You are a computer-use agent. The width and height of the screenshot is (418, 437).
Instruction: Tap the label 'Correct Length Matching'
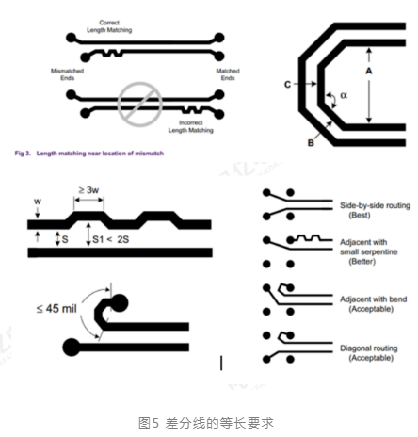point(109,26)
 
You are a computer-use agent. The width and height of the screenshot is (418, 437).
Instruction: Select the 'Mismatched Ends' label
point(67,74)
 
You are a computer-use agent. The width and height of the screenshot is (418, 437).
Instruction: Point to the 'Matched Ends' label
point(228,74)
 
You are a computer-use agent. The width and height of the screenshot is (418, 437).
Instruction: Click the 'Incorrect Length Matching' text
point(191,126)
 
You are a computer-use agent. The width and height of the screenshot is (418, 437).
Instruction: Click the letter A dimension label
point(369,71)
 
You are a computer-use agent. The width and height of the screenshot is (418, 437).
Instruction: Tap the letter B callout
point(311,143)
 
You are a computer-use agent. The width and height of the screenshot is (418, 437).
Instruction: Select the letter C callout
point(287,85)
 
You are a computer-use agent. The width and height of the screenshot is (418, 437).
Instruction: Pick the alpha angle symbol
point(344,95)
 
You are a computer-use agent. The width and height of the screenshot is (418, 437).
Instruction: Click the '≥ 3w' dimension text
point(88,190)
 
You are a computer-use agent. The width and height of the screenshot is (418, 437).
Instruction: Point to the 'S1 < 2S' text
point(111,239)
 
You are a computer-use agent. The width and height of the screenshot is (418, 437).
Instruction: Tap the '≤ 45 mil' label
point(56,309)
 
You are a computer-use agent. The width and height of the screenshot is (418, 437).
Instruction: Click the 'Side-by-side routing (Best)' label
point(375,210)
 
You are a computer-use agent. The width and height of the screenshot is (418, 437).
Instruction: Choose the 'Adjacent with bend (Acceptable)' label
point(374,304)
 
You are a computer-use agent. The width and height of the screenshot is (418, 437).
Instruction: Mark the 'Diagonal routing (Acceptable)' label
point(369,353)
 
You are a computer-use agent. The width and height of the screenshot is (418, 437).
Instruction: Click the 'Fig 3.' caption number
point(23,154)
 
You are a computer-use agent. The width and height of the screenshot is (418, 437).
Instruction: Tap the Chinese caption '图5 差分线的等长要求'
point(206,423)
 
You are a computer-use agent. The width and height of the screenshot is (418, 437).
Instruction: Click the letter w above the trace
point(38,202)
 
